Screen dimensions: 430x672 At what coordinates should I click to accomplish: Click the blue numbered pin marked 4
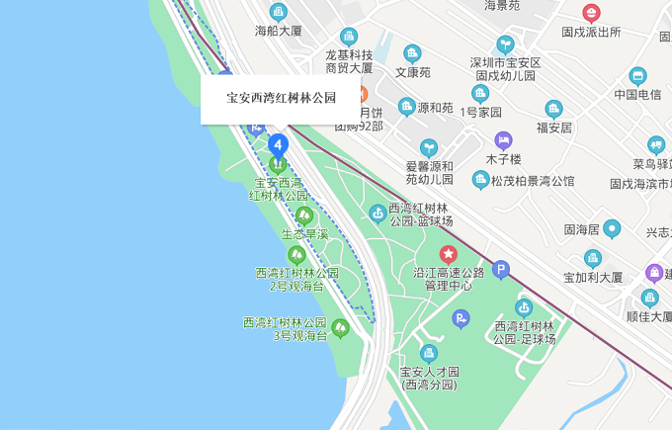click(x=278, y=145)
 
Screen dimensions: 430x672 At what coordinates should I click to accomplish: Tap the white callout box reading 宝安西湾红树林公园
click(x=281, y=99)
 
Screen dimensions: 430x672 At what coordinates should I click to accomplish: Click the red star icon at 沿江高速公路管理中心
click(x=449, y=254)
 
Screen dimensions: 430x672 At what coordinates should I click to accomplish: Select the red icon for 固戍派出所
click(x=591, y=13)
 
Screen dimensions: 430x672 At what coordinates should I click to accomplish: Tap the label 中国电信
click(x=637, y=95)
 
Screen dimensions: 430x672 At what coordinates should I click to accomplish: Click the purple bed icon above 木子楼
click(x=503, y=140)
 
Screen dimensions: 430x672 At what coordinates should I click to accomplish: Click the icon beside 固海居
click(x=613, y=229)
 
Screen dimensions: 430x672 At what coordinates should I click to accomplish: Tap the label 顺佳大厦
click(x=649, y=317)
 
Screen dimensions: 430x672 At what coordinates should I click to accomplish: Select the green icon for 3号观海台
click(x=341, y=327)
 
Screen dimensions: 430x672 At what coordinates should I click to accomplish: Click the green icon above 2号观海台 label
click(x=296, y=255)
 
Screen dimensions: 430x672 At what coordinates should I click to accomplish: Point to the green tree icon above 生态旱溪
click(x=304, y=215)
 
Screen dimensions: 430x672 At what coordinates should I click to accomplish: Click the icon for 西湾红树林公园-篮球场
click(x=377, y=214)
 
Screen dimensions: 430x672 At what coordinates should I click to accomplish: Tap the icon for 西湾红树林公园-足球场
click(x=524, y=307)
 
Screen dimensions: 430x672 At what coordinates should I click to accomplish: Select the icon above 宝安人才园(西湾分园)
click(x=429, y=353)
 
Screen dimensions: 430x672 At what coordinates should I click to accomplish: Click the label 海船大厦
click(x=279, y=31)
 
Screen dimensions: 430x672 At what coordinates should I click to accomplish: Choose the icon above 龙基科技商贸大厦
click(x=349, y=37)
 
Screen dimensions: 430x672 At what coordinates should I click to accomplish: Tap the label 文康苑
click(x=413, y=72)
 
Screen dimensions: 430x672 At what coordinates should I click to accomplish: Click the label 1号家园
click(x=481, y=112)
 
